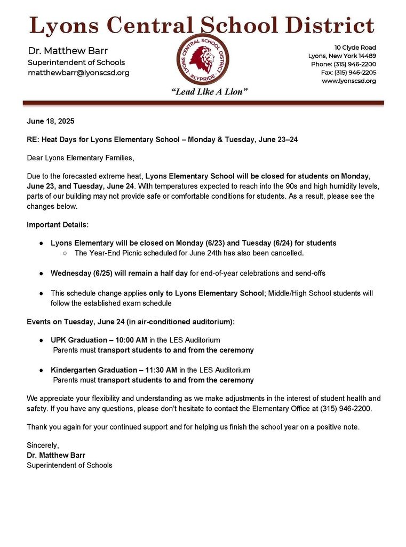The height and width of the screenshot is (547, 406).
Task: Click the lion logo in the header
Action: (202, 59)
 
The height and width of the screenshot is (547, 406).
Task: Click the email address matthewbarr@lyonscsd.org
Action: (78, 73)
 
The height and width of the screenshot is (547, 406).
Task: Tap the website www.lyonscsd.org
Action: (348, 81)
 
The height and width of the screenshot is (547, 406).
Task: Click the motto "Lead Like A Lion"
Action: (210, 92)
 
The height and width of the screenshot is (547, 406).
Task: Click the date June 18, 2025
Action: (51, 121)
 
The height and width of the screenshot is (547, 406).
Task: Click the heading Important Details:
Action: (58, 224)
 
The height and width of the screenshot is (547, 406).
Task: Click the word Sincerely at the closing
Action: (43, 445)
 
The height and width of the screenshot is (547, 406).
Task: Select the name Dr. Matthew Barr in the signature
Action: (56, 455)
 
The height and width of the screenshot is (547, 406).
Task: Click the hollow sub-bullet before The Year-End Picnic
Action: (65, 253)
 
